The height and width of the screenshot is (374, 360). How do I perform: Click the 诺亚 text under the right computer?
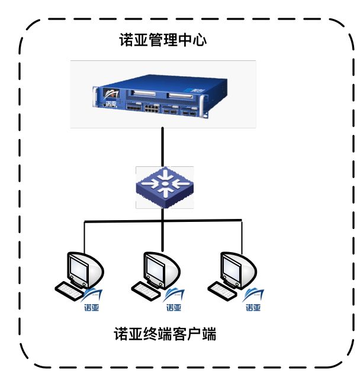[253, 307]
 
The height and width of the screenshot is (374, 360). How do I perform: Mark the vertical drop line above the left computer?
[83, 236]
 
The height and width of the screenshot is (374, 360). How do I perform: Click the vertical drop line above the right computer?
[242, 236]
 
